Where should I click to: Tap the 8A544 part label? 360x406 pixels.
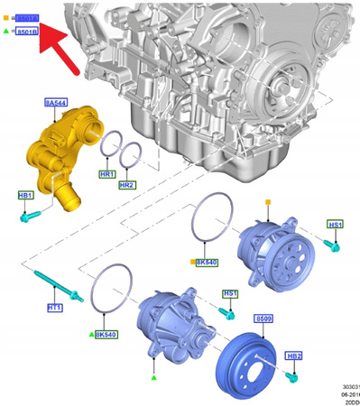coord(56,104)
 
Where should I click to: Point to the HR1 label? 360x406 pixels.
coord(106,174)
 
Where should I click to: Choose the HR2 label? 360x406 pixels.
coord(126,185)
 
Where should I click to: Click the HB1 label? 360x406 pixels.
coord(25,195)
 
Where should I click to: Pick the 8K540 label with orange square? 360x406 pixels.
coord(207,262)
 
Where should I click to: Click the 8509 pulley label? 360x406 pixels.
coord(263,318)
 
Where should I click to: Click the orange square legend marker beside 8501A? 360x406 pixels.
coord(6,17)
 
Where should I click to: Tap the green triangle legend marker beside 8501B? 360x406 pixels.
coord(6,32)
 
